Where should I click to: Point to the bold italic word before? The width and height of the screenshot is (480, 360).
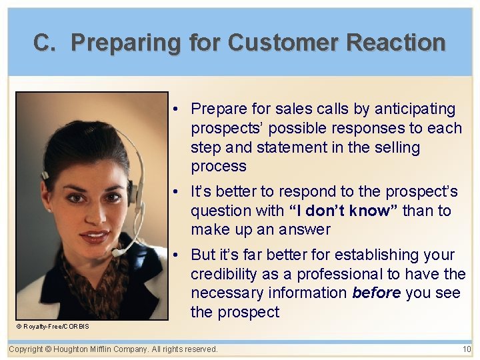tap(375, 293)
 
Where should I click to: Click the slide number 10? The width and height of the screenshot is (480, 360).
tap(466, 349)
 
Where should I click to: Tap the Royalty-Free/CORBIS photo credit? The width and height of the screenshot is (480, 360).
tap(53, 326)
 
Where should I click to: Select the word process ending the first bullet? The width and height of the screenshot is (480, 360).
tap(219, 166)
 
